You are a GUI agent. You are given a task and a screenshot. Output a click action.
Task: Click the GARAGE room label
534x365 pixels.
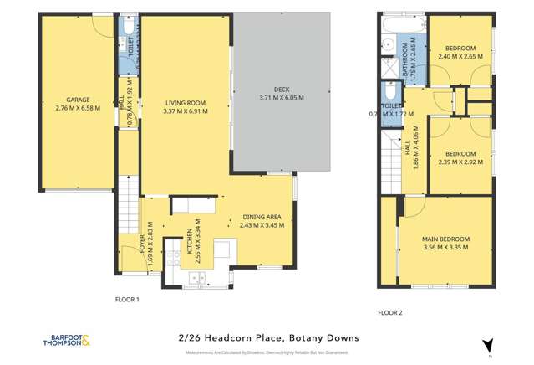[78, 99]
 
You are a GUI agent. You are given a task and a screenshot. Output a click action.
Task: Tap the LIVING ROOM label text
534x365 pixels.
[185, 102]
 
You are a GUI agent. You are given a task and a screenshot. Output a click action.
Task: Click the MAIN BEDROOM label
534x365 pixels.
[445, 239]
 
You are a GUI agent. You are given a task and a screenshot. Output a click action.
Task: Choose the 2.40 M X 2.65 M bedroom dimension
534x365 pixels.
[460, 58]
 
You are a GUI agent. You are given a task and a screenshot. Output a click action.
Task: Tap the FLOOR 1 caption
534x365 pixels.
[126, 299]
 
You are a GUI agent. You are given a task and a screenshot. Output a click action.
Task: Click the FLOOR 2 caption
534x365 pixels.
[390, 312]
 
